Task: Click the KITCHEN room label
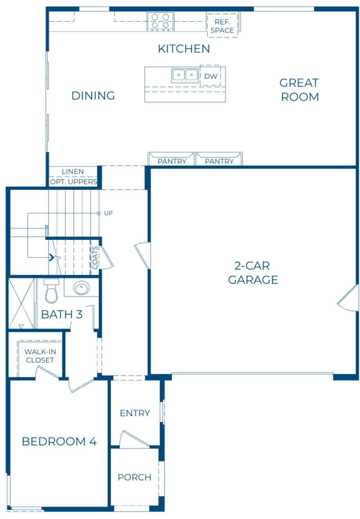click(184, 49)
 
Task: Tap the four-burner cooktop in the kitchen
click(160, 22)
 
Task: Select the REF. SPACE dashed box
click(222, 26)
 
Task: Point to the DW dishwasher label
click(211, 76)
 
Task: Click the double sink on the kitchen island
click(185, 75)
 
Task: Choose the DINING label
click(93, 96)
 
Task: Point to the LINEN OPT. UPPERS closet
click(73, 177)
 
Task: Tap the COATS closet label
click(95, 258)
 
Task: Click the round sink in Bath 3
click(81, 289)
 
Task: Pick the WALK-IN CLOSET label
click(40, 356)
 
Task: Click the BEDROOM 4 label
click(59, 442)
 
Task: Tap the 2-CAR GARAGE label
click(253, 273)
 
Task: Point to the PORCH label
click(134, 477)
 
